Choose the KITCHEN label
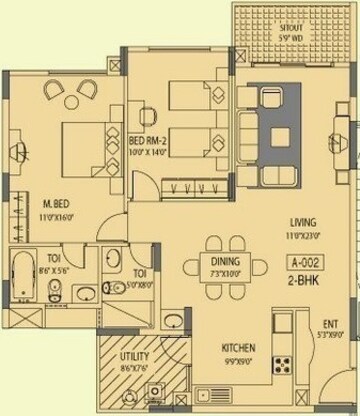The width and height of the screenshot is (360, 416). pyautogui.click(x=238, y=347)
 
